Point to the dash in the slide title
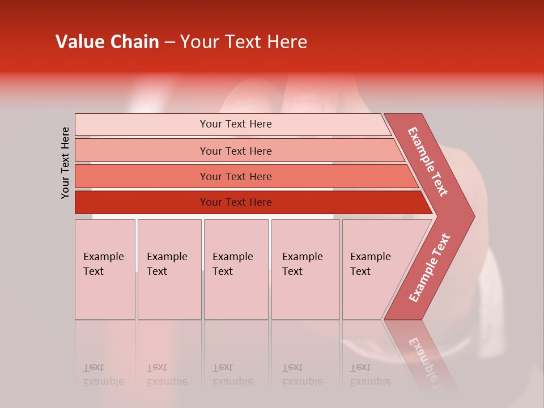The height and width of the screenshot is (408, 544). (169, 42)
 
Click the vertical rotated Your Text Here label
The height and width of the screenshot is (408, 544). (65, 163)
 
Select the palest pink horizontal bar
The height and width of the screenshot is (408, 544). (235, 124)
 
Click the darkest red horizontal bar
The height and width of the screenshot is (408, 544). (235, 202)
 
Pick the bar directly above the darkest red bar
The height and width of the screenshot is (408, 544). (235, 176)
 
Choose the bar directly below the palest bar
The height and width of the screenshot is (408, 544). (235, 151)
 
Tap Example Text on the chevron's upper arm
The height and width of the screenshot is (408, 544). (428, 161)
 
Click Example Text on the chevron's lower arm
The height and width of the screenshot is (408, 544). (429, 267)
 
